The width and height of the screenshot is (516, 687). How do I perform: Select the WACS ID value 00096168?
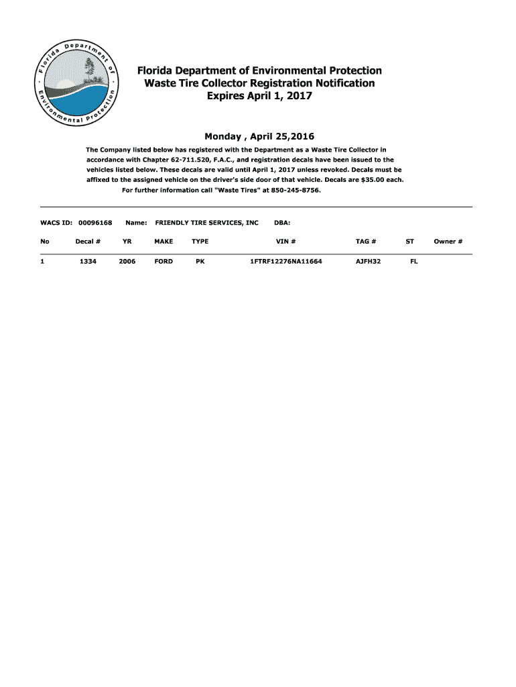pos(95,222)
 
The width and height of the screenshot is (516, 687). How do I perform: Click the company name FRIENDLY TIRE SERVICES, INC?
pos(206,222)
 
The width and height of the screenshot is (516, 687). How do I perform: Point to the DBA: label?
pos(282,222)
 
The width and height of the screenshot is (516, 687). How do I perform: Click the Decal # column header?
pos(88,242)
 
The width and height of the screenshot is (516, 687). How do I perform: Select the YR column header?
pos(127,242)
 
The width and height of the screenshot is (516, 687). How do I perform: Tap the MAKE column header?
pos(164,242)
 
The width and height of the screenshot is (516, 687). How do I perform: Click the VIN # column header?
pos(285,242)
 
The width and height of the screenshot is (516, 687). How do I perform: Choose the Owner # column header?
pos(448,242)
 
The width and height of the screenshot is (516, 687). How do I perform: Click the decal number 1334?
pos(88,262)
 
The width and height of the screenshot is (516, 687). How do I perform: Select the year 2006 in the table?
pos(127,262)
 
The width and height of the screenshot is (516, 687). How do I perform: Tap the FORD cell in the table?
pos(164,262)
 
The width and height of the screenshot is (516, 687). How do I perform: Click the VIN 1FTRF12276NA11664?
pos(286,262)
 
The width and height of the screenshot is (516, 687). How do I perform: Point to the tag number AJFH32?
pos(368,262)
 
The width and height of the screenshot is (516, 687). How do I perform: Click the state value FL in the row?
pos(413,262)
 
